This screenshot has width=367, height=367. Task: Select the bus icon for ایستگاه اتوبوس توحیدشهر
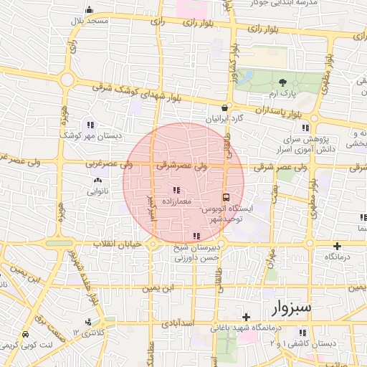[x=227, y=196]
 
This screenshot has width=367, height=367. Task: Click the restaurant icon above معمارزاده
[x=176, y=191]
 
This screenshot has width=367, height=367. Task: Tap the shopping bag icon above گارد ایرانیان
[x=225, y=108]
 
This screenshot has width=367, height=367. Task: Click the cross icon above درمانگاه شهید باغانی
[x=246, y=316]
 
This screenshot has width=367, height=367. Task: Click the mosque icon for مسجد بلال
[x=89, y=10]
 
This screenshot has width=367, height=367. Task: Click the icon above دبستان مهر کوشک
[x=90, y=124]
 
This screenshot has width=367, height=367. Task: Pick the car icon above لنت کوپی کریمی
[x=26, y=335]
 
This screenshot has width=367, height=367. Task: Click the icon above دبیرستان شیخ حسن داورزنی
[x=196, y=235]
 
